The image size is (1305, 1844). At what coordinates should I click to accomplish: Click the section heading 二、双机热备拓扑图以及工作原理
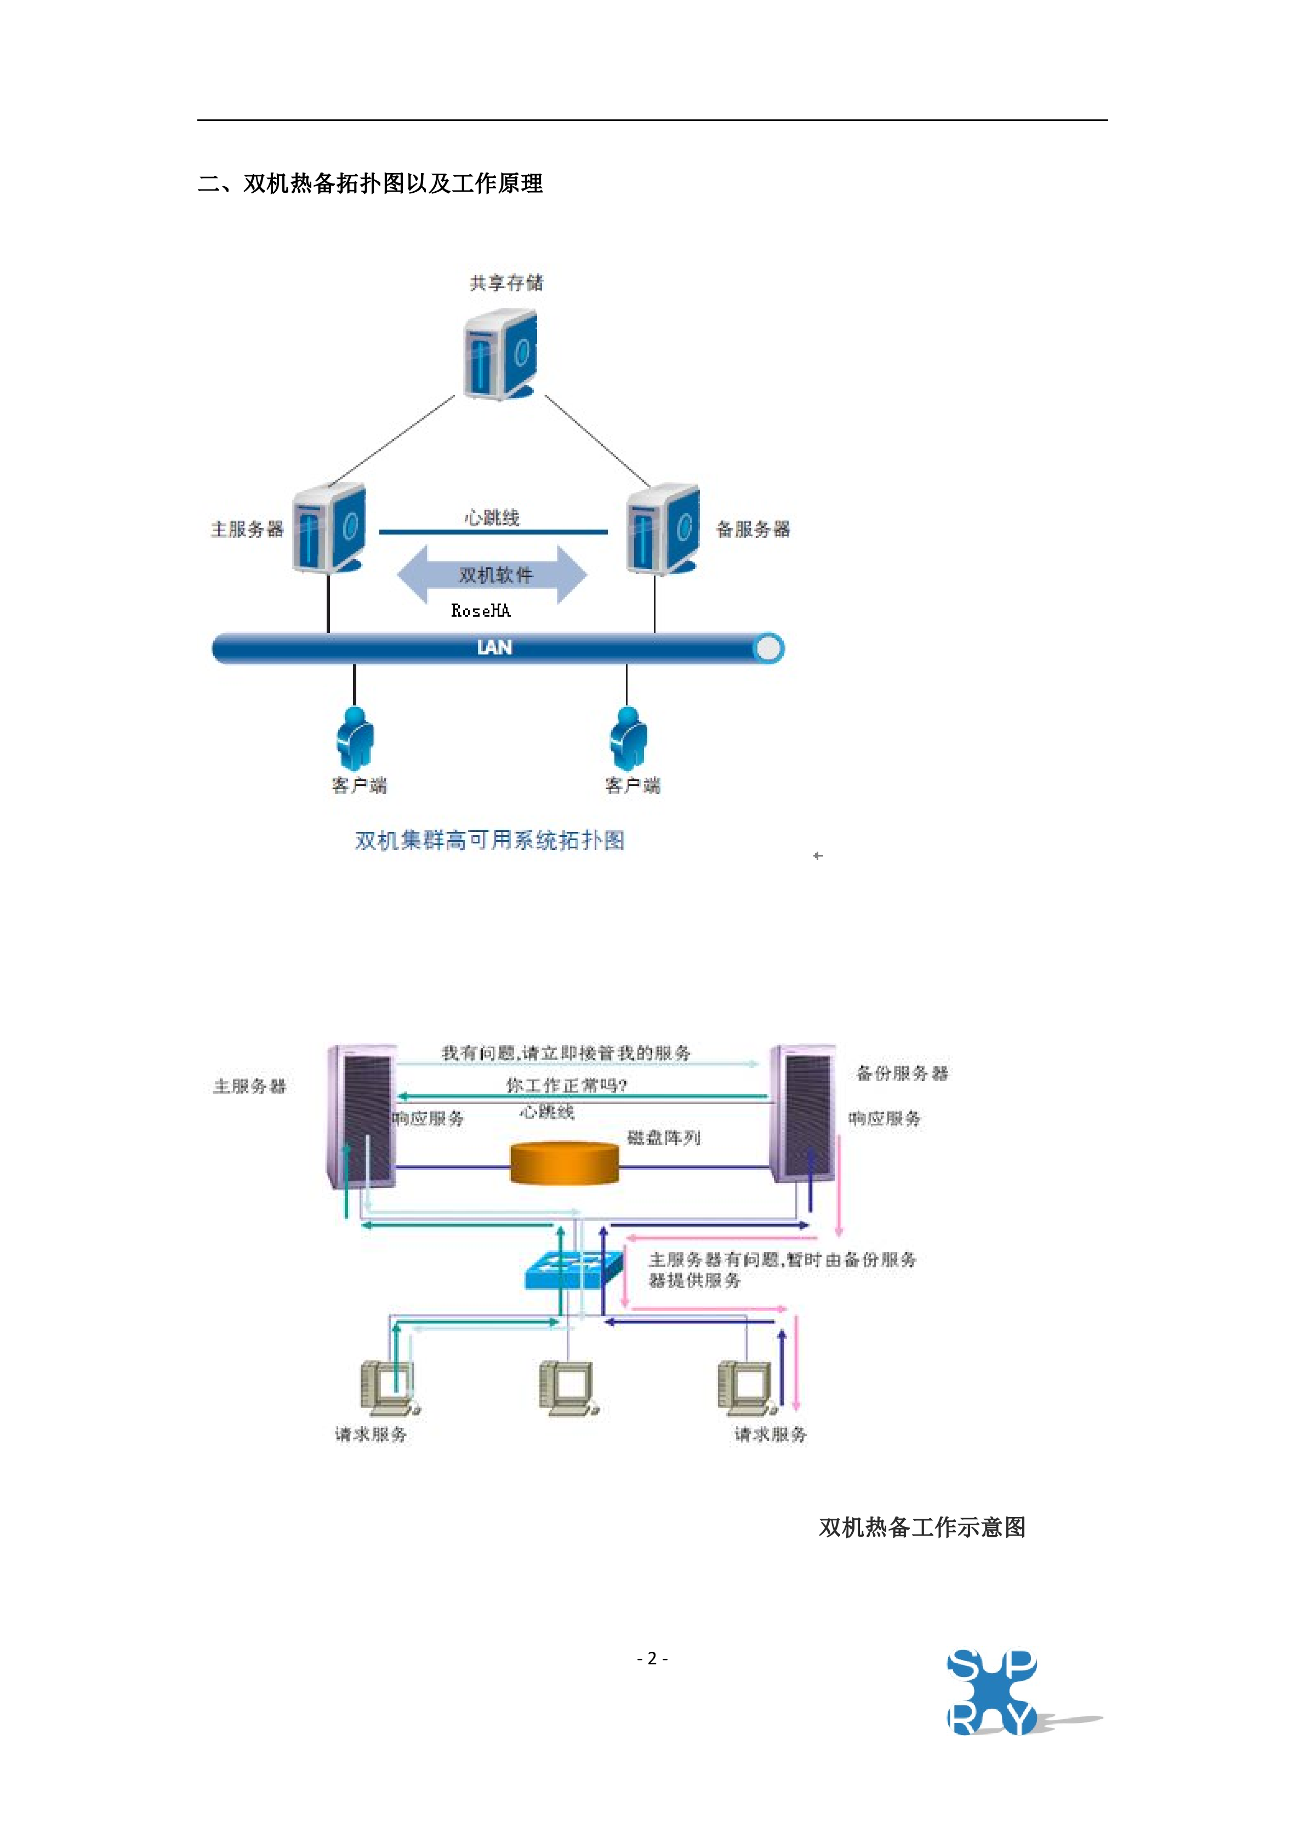pyautogui.click(x=369, y=184)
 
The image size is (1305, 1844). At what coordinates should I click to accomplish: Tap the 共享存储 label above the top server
pyautogui.click(x=506, y=283)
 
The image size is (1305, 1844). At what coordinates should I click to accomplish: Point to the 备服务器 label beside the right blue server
pyautogui.click(x=753, y=529)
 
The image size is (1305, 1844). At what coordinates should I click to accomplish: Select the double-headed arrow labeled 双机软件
pyautogui.click(x=492, y=575)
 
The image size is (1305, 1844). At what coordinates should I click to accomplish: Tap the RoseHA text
pyautogui.click(x=481, y=611)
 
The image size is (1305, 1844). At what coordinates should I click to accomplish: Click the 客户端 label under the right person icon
pyautogui.click(x=632, y=785)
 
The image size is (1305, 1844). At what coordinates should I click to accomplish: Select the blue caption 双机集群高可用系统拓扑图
pyautogui.click(x=490, y=840)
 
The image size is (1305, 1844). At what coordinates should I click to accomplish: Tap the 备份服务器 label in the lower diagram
pyautogui.click(x=902, y=1073)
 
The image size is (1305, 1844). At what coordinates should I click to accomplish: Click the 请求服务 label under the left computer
pyautogui.click(x=371, y=1434)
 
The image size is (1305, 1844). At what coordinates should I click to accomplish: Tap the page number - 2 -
pyautogui.click(x=652, y=1658)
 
